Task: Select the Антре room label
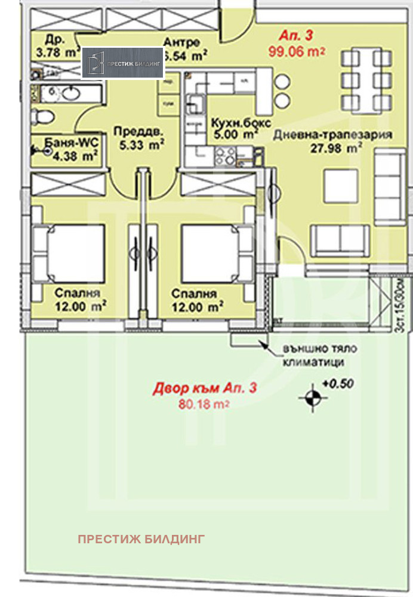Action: (x=181, y=42)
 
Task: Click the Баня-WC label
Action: (x=65, y=143)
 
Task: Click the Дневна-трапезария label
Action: (x=332, y=135)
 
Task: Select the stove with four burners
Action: (x=226, y=156)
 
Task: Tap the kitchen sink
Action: (x=195, y=103)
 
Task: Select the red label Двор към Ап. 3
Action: (x=205, y=389)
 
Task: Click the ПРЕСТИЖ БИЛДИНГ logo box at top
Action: (x=123, y=63)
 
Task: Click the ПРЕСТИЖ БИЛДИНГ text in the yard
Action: (x=141, y=539)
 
